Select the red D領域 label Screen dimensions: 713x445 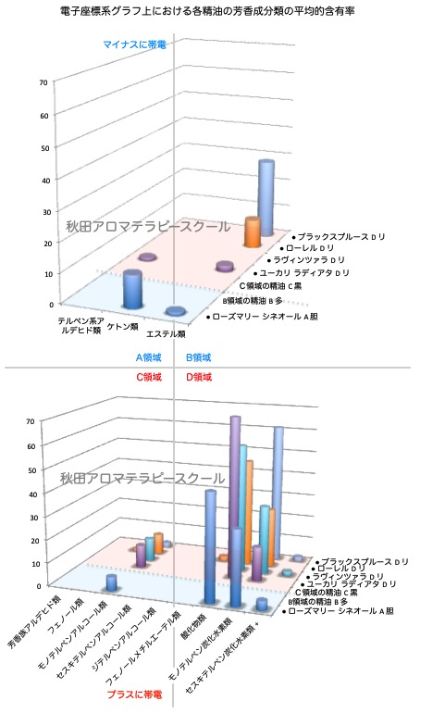click(x=200, y=377)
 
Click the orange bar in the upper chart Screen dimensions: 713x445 click(x=252, y=232)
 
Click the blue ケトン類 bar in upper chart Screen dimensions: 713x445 click(x=133, y=290)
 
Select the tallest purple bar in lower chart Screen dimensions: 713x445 click(x=235, y=491)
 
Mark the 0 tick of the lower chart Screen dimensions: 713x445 click(x=42, y=585)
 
